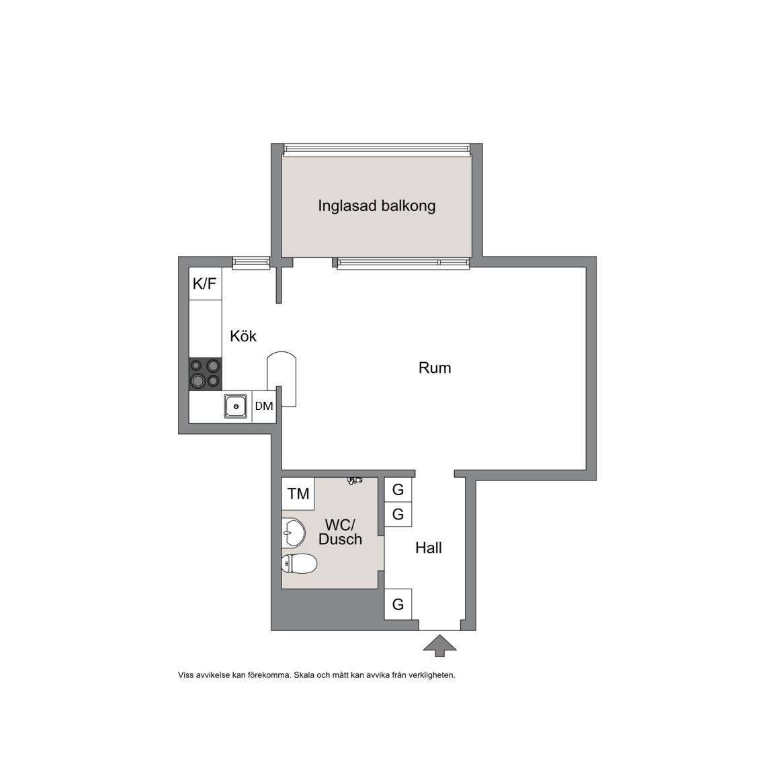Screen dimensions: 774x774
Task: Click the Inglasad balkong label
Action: click(x=377, y=206)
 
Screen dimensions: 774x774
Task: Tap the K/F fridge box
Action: click(x=206, y=284)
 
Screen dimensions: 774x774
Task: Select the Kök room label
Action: click(x=243, y=336)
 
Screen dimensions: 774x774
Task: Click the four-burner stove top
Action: click(x=206, y=374)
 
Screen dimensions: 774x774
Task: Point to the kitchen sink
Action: click(x=235, y=406)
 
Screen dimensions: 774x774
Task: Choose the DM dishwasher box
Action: click(x=264, y=406)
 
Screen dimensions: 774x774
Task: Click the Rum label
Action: click(x=435, y=368)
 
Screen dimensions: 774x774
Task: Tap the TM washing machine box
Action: click(x=298, y=494)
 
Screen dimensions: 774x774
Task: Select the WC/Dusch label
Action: click(x=340, y=531)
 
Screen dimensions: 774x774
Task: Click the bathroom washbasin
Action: click(x=293, y=533)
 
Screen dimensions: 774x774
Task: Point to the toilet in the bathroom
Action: click(x=299, y=564)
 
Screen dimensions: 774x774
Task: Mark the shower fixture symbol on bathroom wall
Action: click(x=355, y=480)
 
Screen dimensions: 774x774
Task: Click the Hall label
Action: click(x=429, y=548)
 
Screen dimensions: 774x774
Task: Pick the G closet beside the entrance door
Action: click(x=398, y=604)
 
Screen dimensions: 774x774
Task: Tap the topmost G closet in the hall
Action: click(x=398, y=490)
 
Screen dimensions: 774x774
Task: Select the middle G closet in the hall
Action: click(x=398, y=515)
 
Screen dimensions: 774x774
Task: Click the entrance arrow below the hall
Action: click(x=440, y=646)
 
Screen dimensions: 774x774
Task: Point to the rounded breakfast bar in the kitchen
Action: click(x=282, y=379)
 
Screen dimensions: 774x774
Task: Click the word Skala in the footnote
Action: click(x=303, y=675)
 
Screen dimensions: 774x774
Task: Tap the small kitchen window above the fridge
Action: click(x=251, y=263)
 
